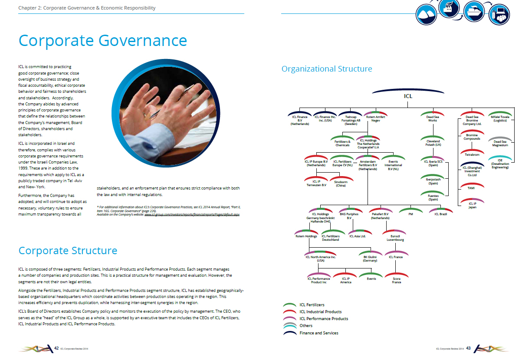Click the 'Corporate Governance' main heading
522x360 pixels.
102,41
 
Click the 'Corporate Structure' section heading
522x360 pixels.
68,251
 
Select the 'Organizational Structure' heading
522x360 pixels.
327,69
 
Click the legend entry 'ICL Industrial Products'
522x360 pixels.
320,312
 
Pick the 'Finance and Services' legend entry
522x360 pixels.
319,333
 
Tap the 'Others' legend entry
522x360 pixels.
306,325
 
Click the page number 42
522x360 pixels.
56,348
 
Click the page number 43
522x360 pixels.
468,348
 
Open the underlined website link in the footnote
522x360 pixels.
192,214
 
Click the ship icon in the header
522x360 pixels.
474,12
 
